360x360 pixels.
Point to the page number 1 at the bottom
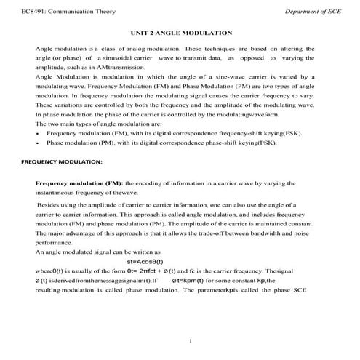point(189,340)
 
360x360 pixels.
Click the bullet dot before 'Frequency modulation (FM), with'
point(37,135)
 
